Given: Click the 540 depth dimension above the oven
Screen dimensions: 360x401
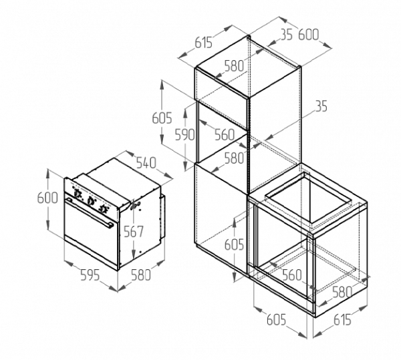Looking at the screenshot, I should (146, 162).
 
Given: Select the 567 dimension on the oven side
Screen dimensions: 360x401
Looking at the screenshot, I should (134, 232).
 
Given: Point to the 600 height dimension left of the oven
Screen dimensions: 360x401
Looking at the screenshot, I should (48, 198).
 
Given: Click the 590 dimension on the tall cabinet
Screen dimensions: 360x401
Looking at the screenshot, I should (184, 134).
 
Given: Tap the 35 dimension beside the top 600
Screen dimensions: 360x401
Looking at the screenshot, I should (286, 35).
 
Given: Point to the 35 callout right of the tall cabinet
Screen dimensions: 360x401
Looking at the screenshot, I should (321, 106).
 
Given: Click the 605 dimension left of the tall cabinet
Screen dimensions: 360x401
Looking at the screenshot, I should (162, 118).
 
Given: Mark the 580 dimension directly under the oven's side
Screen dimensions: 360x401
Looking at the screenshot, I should (140, 274).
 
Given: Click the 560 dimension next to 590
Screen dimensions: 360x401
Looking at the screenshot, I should (224, 134).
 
